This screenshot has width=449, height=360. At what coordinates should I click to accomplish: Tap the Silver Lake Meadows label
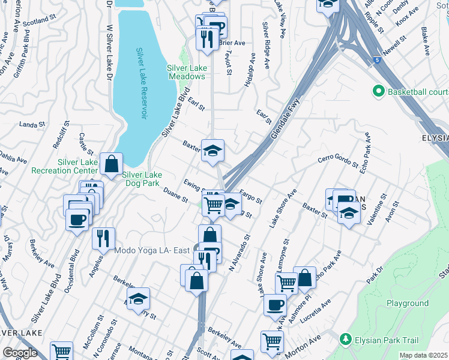tap(186, 72)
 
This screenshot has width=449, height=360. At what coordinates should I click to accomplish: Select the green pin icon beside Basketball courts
tap(378, 92)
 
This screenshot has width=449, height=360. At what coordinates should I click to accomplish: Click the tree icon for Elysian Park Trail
tap(346, 339)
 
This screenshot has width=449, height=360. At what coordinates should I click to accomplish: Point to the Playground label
tap(408, 304)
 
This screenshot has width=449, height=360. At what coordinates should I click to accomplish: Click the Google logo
tap(20, 353)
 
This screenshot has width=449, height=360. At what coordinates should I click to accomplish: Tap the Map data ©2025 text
tap(424, 355)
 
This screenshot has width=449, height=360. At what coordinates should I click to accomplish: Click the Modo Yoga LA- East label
tap(152, 250)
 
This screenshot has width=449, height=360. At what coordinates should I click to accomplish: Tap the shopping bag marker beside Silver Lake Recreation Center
tap(112, 163)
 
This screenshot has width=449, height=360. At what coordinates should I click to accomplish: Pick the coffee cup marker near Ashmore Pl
tap(275, 304)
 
